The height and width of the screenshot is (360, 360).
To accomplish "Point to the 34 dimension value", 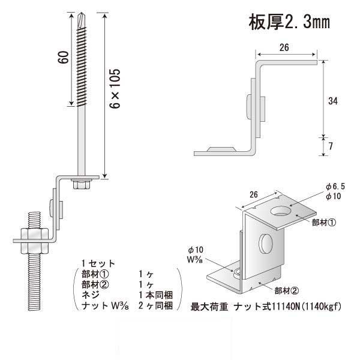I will click(x=332, y=101).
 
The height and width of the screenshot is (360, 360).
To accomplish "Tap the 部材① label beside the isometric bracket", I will click(x=324, y=221).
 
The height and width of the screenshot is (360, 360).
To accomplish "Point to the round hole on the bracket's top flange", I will click(x=280, y=211).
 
